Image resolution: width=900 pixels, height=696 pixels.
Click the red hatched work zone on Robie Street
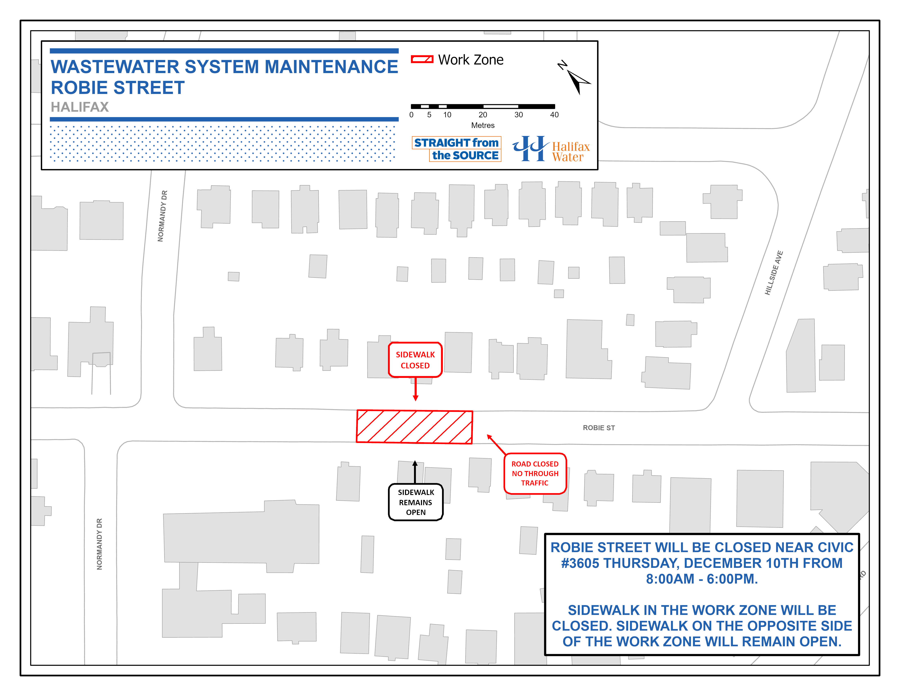pyautogui.click(x=414, y=427)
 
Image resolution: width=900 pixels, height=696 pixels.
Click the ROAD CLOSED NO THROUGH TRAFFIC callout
pyautogui.click(x=535, y=473)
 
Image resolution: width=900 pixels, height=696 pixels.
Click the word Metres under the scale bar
pyautogui.click(x=483, y=125)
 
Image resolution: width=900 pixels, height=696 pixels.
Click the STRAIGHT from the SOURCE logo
pyautogui.click(x=457, y=149)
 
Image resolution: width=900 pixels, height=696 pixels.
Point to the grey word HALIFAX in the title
pyautogui.click(x=80, y=107)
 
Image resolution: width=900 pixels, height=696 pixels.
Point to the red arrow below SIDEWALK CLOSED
pyautogui.click(x=415, y=390)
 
